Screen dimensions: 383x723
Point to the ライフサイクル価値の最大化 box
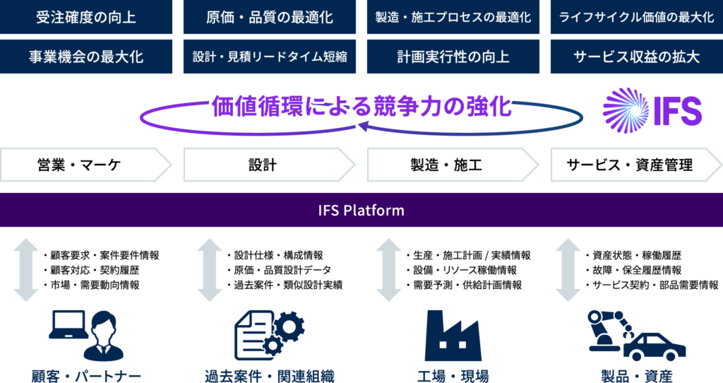click(636, 17)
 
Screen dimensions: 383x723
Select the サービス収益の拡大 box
click(636, 57)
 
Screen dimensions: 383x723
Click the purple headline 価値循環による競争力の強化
click(361, 108)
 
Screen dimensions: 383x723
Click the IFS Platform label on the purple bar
click(361, 210)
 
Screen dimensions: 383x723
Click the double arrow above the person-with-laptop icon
click(26, 270)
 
